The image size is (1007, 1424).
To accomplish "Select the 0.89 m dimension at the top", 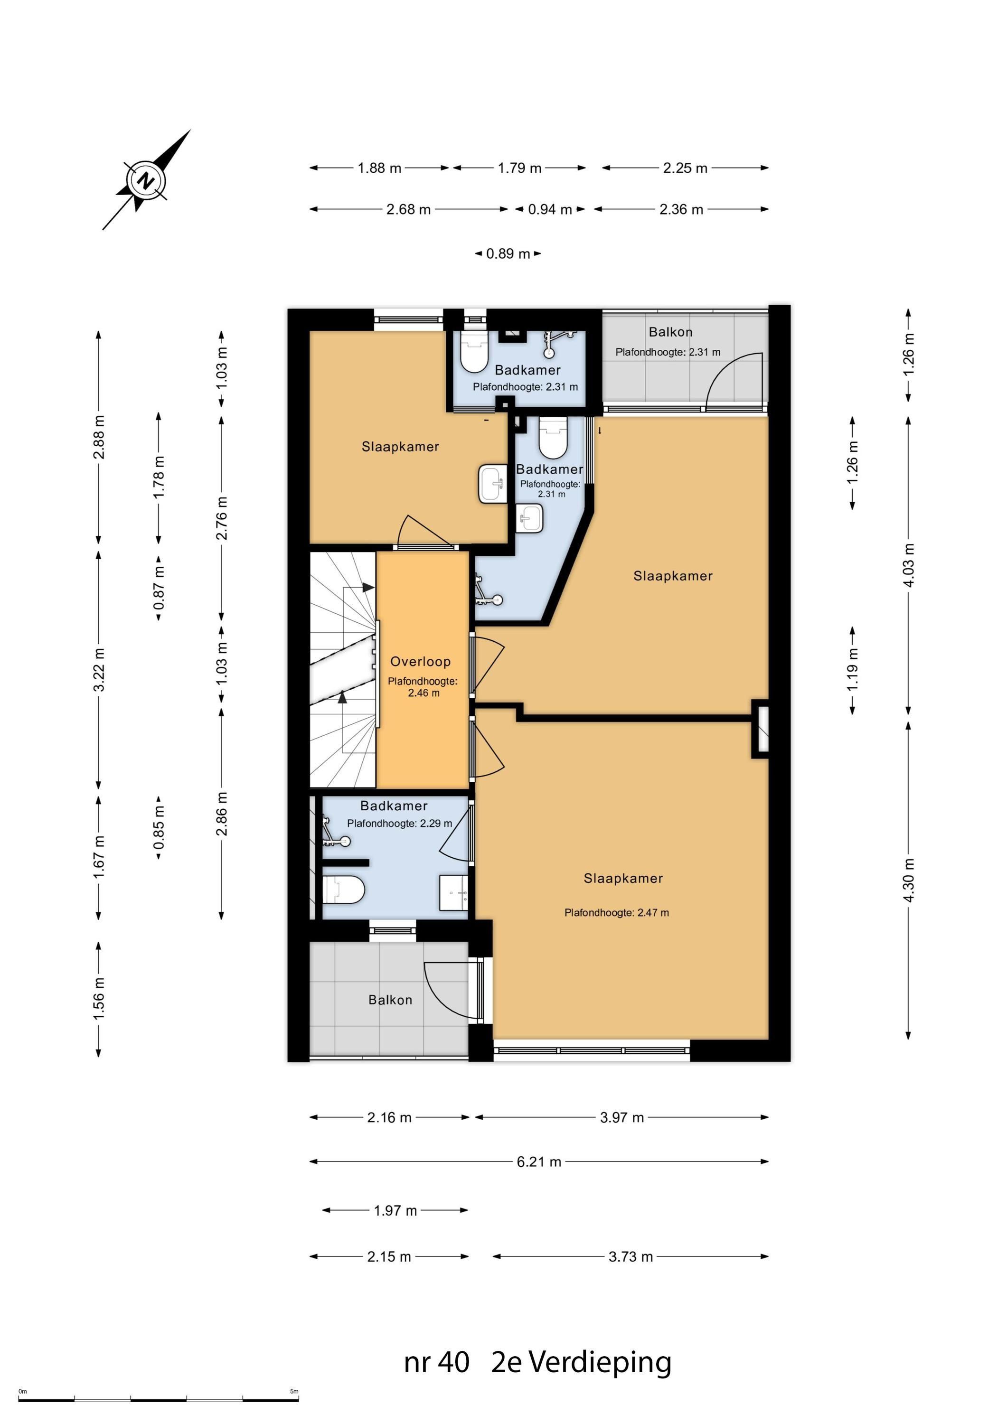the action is coord(508,253).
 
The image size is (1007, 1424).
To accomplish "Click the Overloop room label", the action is coord(420,661).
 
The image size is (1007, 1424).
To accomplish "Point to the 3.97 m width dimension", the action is coord(621,1118).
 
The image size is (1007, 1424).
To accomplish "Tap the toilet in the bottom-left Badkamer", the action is coord(343,890).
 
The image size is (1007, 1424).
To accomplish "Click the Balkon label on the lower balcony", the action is coord(390,1000).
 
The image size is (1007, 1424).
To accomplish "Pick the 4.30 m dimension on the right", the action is coord(908,880).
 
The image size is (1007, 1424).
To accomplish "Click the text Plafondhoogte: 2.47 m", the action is coord(616,912).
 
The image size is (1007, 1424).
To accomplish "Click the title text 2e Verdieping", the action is coord(582,1363).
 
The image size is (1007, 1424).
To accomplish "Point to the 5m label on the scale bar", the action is coord(294,1391).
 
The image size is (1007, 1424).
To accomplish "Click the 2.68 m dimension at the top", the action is coord(408,210).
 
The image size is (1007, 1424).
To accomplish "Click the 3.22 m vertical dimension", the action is coord(98,669).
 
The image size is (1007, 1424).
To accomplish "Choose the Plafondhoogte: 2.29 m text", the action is coord(400,824).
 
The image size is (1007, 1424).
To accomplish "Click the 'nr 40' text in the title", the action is coord(437,1363).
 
